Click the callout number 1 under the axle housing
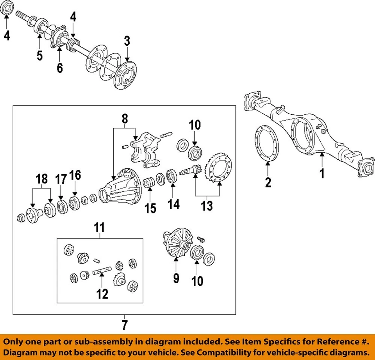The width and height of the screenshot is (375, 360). (322, 173)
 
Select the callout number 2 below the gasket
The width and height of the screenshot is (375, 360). (268, 182)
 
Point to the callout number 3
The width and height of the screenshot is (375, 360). (127, 41)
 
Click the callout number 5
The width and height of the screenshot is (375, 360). (39, 55)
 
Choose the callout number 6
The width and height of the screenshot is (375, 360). (59, 68)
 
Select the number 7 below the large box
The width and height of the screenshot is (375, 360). (124, 324)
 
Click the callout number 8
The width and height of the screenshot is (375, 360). (124, 119)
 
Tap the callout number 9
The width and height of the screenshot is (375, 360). (176, 278)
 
